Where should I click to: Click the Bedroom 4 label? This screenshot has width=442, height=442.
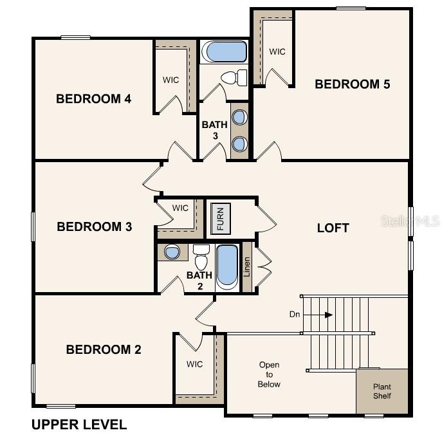[93, 98]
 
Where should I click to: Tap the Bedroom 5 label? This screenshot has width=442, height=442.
[352, 84]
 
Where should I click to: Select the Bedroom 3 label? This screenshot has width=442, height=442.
[94, 226]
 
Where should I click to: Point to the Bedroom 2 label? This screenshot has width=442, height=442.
[103, 349]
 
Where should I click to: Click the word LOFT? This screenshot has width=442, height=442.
[333, 228]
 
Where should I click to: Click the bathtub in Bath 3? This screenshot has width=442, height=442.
[224, 51]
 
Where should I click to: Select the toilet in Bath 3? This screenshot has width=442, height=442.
[234, 78]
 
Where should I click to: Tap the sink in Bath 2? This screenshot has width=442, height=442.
[172, 252]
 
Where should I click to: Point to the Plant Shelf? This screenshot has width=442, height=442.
[382, 391]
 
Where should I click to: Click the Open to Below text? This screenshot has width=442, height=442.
[270, 374]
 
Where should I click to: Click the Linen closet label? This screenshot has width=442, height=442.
[247, 266]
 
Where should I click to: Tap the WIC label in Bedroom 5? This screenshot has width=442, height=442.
[277, 51]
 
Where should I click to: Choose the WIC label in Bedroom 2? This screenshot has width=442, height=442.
[195, 364]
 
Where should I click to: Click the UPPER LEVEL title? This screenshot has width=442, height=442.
[79, 425]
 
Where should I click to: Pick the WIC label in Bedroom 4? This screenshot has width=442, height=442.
[170, 80]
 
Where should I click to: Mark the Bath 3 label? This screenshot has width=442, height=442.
[214, 130]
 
